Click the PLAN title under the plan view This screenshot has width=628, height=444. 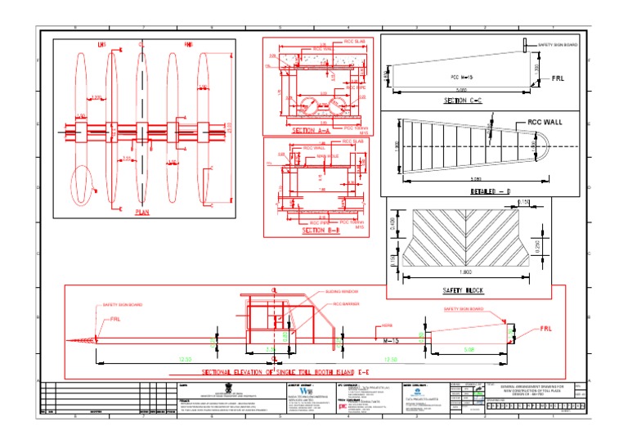pos(142,211)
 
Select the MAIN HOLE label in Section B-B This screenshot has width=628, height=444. pos(328,155)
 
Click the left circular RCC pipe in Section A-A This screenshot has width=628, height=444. pos(302,107)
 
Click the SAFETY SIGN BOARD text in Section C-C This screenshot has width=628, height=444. pos(558,44)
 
